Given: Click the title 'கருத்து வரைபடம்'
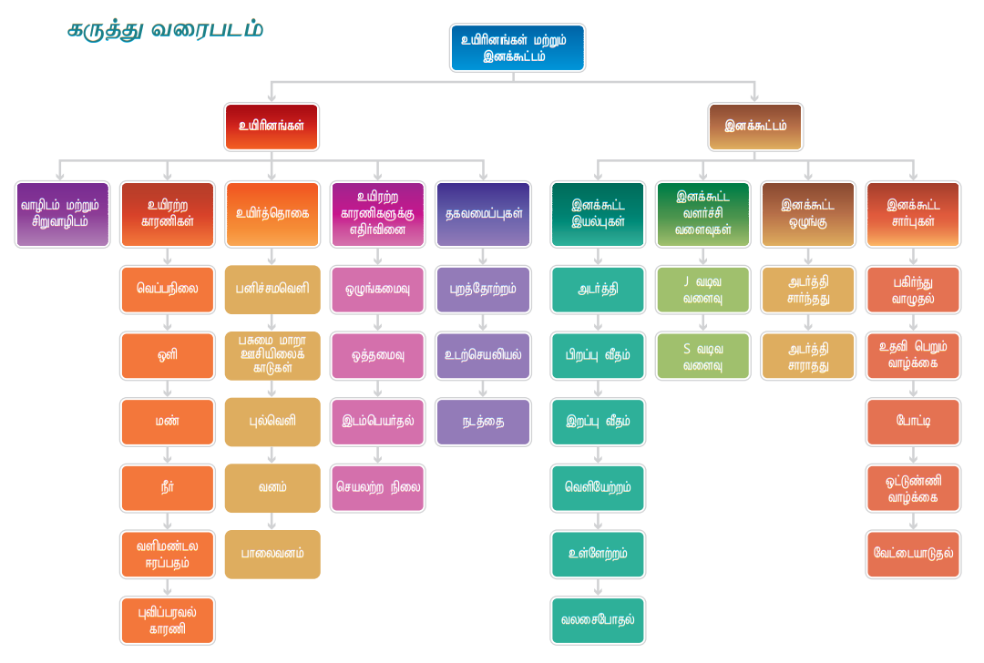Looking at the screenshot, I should pyautogui.click(x=166, y=30).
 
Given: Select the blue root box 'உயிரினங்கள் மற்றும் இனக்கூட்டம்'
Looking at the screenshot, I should pyautogui.click(x=517, y=47).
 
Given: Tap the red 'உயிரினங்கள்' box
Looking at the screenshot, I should pyautogui.click(x=272, y=127).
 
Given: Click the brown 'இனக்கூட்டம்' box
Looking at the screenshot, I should pyautogui.click(x=755, y=127).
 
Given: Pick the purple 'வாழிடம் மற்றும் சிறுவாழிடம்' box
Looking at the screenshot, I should pyautogui.click(x=62, y=214).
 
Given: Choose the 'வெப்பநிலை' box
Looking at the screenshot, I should pyautogui.click(x=168, y=289).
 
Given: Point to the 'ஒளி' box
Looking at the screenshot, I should pyautogui.click(x=168, y=355).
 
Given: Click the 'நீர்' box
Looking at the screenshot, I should pyautogui.click(x=168, y=488).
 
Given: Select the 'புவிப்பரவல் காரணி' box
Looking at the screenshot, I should pyautogui.click(x=168, y=620).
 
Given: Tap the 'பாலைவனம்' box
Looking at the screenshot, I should pyautogui.click(x=272, y=554).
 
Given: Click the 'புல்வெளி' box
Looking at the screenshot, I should pyautogui.click(x=272, y=422).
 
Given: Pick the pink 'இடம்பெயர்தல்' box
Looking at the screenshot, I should pyautogui.click(x=377, y=422).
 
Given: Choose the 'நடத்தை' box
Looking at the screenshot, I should pyautogui.click(x=483, y=422).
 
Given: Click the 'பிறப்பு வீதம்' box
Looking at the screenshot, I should pyautogui.click(x=598, y=355).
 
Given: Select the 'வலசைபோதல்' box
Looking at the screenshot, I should pyautogui.click(x=598, y=620).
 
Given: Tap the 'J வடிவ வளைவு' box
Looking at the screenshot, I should pyautogui.click(x=702, y=289).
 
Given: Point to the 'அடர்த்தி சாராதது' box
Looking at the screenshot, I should pyautogui.click(x=808, y=355).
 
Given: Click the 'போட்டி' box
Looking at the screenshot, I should pyautogui.click(x=913, y=422).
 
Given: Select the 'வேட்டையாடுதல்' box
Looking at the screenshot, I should pyautogui.click(x=913, y=554).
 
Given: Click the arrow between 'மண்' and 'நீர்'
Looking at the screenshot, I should pyautogui.click(x=168, y=454).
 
